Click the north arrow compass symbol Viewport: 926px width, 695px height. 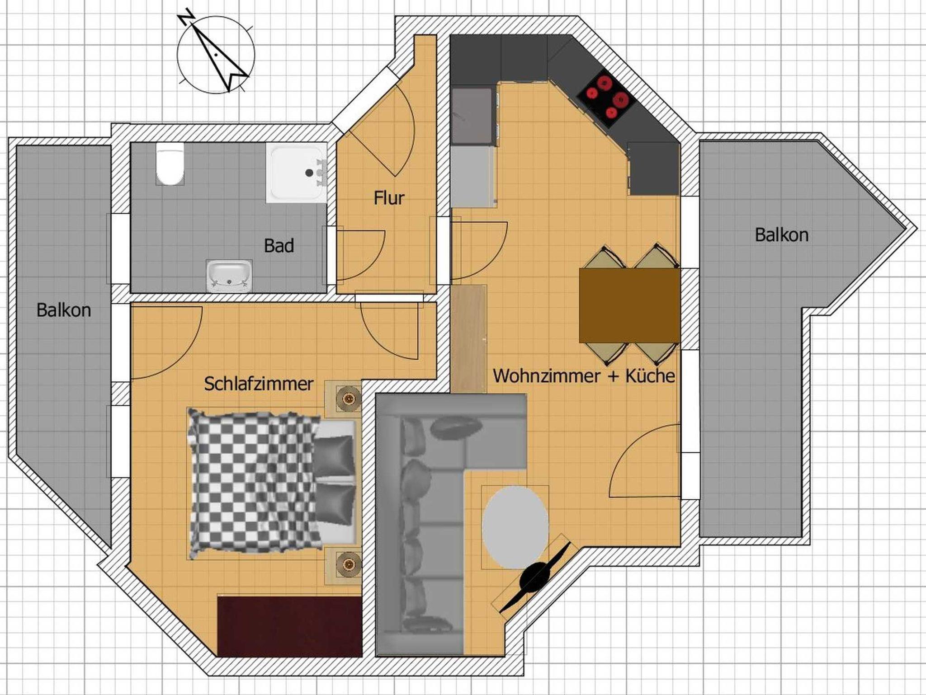(x=216, y=54)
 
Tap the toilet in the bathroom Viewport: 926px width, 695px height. (x=170, y=163)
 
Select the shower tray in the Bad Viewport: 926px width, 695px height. (x=297, y=173)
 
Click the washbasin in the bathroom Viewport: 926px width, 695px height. (x=229, y=276)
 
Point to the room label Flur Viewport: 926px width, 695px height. (x=389, y=198)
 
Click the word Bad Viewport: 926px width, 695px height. (x=279, y=246)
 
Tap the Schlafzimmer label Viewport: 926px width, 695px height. (x=259, y=384)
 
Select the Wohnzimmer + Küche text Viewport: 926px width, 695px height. (x=584, y=376)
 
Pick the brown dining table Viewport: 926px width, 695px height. (x=630, y=305)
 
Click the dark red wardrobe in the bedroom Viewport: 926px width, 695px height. (x=290, y=626)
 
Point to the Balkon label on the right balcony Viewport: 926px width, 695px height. (x=782, y=235)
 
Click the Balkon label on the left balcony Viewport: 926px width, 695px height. (x=64, y=310)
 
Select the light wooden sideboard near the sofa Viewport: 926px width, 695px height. (x=469, y=338)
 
